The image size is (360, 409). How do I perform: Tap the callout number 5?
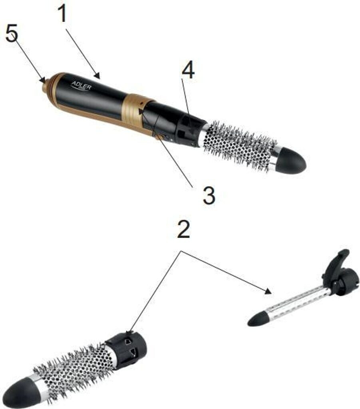tap(12, 33)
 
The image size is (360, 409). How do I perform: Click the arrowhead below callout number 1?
tap(97, 76)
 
